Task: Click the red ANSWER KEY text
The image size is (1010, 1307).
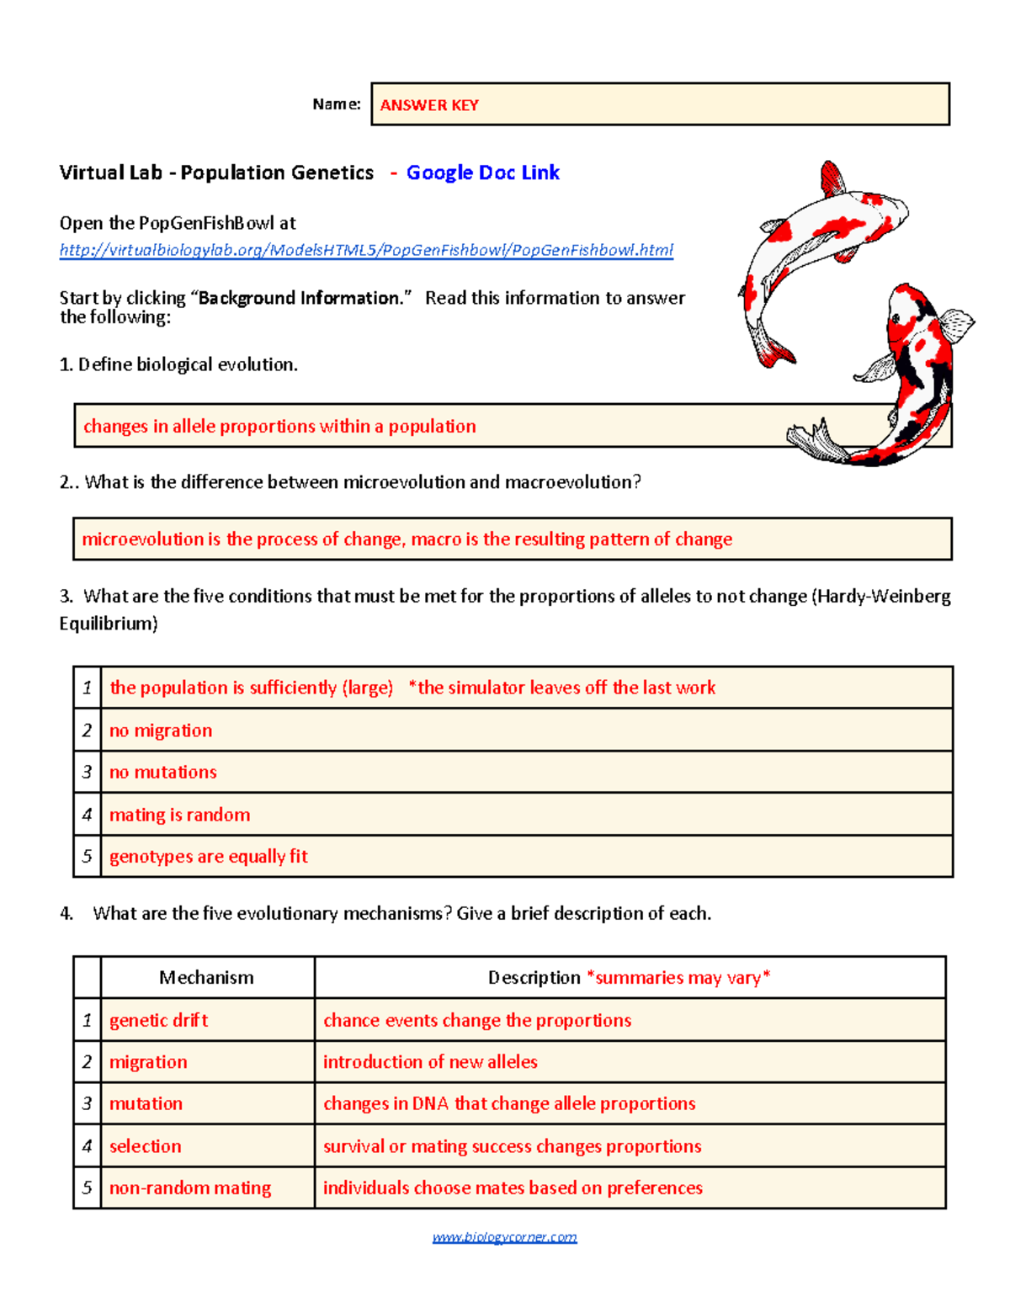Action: tap(429, 105)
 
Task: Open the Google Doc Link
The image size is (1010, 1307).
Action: tap(482, 173)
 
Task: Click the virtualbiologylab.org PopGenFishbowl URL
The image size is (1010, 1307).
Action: tap(366, 250)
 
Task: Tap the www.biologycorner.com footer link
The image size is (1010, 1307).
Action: tap(504, 1236)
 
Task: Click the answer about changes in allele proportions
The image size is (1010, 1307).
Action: tap(279, 426)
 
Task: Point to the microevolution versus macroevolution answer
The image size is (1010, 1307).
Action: tap(407, 539)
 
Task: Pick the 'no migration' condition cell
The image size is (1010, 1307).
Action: tap(161, 731)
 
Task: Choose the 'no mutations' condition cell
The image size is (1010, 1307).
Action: tap(163, 772)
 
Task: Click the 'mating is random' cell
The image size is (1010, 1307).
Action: tap(179, 815)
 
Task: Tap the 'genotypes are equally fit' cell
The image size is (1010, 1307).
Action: tap(209, 856)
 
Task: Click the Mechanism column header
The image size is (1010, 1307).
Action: tap(206, 977)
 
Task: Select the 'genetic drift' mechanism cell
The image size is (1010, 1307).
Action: tap(158, 1020)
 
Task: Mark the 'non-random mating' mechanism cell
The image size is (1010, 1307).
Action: tap(190, 1187)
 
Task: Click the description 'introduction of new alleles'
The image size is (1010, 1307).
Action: tap(430, 1062)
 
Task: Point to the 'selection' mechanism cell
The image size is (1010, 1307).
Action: tap(145, 1145)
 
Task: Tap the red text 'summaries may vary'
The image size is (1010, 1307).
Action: tap(678, 977)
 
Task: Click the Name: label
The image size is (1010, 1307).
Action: tap(336, 104)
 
